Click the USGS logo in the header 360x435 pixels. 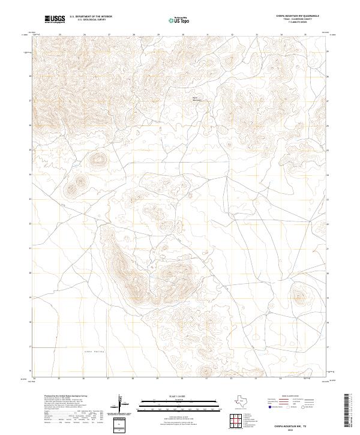click(55, 19)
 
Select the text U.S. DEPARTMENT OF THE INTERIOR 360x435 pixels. click(91, 17)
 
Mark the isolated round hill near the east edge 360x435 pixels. click(298, 293)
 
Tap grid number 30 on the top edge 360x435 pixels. click(182, 35)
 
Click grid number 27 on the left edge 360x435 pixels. click(30, 101)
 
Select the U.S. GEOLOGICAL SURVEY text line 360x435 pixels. click(91, 20)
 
